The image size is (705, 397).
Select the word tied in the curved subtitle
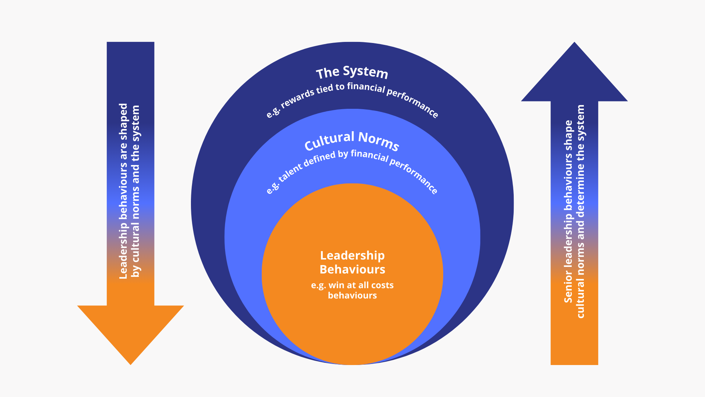324,89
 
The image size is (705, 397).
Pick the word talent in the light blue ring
290,173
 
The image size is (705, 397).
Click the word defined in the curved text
319,160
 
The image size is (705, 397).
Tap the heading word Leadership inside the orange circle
352,255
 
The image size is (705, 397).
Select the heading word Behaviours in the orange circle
352,269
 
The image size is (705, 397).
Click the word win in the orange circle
337,285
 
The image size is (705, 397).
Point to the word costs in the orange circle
382,285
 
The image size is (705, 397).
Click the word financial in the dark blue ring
366,87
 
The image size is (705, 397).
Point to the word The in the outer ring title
328,73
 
